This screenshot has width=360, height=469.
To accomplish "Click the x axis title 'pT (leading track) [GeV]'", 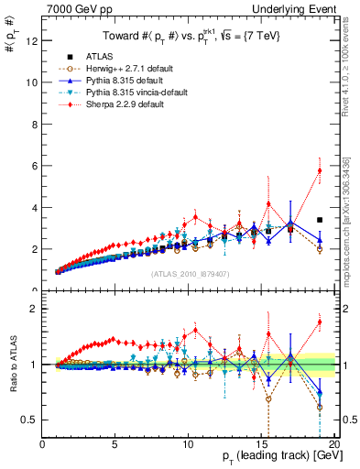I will (x=276, y=457).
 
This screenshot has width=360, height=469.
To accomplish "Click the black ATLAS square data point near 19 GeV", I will (x=319, y=220).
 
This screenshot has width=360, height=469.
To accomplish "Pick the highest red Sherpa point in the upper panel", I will (x=319, y=170).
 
